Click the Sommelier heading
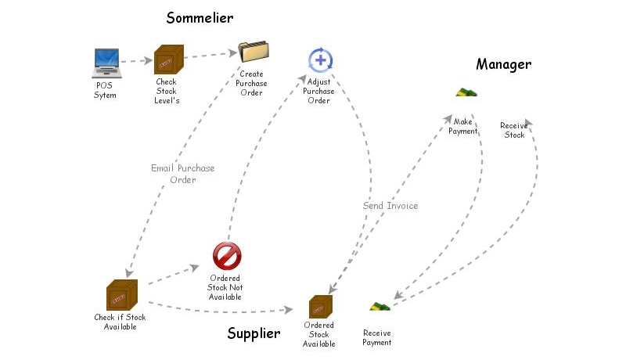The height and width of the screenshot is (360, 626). click(x=200, y=17)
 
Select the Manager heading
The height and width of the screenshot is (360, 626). click(x=503, y=64)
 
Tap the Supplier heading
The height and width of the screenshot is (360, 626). click(x=254, y=333)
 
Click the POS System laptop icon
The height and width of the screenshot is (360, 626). click(x=106, y=63)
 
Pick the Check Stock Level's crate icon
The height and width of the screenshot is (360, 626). click(x=168, y=59)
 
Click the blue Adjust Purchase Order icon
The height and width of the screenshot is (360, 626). click(x=320, y=59)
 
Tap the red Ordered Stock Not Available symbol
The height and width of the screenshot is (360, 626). click(x=227, y=255)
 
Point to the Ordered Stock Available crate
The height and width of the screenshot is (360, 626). click(x=321, y=307)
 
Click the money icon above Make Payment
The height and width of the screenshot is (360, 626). click(x=466, y=93)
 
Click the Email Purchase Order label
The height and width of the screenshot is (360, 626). click(x=183, y=174)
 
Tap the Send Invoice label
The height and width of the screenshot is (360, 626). click(x=390, y=206)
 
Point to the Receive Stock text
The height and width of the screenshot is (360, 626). click(x=513, y=130)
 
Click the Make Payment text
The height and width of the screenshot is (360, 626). click(x=462, y=126)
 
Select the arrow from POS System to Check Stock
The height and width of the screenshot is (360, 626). click(x=137, y=60)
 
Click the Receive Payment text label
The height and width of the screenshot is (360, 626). click(x=377, y=337)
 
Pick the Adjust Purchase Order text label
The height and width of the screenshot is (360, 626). click(x=318, y=91)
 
